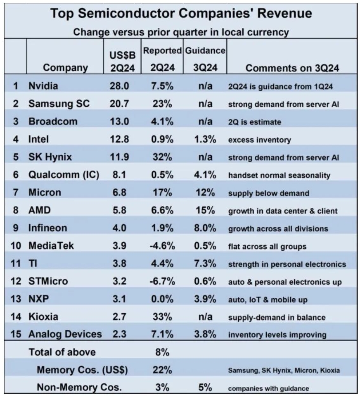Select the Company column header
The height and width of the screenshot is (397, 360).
coord(65,67)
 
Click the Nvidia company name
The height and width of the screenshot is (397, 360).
coord(43,86)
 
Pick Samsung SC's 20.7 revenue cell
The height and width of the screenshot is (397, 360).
coord(120,104)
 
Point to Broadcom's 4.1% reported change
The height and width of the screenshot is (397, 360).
coord(162,121)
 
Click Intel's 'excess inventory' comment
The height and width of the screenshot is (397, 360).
coord(259,140)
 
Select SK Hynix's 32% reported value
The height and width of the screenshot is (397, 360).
coord(162,157)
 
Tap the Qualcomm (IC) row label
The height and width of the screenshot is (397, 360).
coord(64,175)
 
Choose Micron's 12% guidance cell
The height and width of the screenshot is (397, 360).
coord(205,193)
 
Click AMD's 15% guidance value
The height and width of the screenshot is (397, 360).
coord(205,210)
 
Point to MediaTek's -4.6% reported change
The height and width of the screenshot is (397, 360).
coord(162,246)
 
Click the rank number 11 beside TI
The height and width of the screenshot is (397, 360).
coord(15,264)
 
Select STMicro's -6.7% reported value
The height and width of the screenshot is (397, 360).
coord(162,282)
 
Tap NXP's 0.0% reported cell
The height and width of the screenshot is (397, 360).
coord(162,300)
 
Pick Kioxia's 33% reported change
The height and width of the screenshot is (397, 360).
coord(162,317)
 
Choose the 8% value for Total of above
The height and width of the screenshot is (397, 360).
coord(162,353)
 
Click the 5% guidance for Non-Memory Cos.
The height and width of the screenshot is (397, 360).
coord(205,387)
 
